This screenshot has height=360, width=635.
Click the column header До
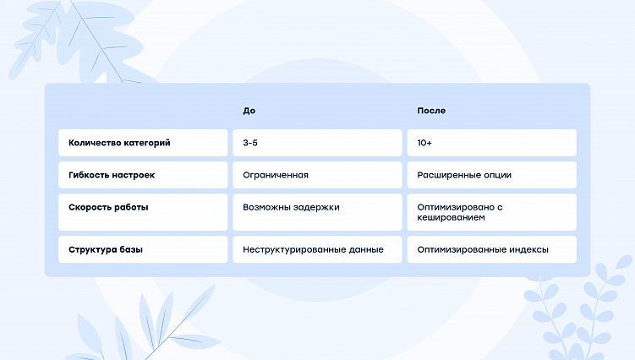pos(249,111)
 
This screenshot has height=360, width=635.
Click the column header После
pos(431,111)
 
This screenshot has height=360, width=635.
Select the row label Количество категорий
pos(119,143)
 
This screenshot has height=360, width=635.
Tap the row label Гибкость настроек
pos(112,175)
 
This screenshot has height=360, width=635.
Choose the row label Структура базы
pos(106,249)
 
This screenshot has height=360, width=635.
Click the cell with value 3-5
pos(250,143)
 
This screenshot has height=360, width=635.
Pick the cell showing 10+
pos(425,143)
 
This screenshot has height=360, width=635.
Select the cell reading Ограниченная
pos(276,175)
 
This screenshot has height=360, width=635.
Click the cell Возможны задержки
pos(291,206)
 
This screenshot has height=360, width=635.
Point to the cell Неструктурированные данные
pos(313,249)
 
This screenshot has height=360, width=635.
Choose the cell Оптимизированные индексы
pos(483,249)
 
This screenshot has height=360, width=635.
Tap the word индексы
pos(529,249)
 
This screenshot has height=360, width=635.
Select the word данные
pos(364,249)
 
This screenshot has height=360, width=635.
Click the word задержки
pos(316,206)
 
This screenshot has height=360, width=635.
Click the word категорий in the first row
pos(145,143)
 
